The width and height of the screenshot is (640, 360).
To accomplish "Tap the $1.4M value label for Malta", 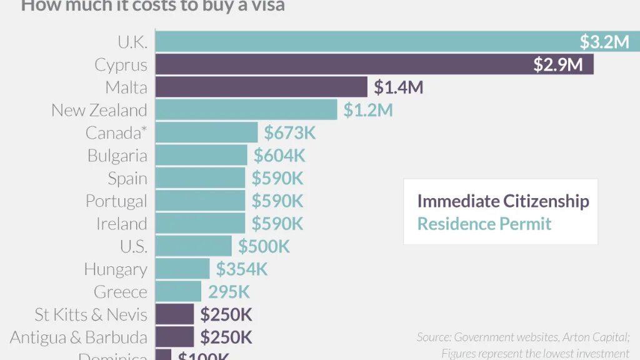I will tap(398, 87).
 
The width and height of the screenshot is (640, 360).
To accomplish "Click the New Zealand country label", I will tap(99, 110).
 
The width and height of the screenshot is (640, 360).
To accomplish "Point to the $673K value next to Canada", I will tap(290, 132).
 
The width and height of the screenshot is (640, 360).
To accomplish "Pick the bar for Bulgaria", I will tap(201, 155).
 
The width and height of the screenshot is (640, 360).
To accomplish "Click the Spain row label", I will tap(127, 178).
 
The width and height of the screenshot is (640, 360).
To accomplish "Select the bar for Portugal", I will tap(200, 201).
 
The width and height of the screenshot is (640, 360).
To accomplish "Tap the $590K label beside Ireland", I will tap(277, 224).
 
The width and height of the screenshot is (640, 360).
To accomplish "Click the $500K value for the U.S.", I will tap(264, 246).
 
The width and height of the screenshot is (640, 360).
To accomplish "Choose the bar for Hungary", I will tap(182, 269).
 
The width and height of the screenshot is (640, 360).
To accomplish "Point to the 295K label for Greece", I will tap(229, 292).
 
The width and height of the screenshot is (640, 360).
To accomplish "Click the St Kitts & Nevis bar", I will tap(174, 314).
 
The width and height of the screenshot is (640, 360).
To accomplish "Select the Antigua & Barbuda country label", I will tap(79, 337).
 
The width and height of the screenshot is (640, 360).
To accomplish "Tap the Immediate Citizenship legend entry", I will tap(503, 201).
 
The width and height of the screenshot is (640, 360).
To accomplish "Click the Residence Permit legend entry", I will tap(484, 224).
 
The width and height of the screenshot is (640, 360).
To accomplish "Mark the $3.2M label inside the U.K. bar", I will tap(604, 42).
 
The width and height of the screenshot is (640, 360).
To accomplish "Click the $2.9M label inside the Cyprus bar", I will tap(557, 64).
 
